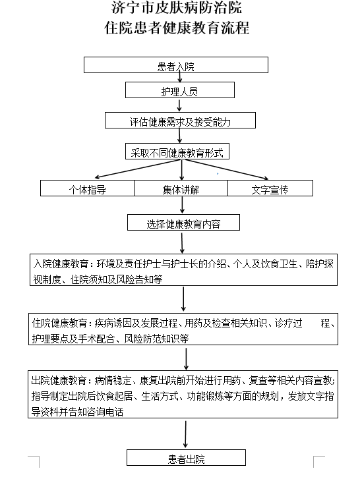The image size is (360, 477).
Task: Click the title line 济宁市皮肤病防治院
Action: [177, 7]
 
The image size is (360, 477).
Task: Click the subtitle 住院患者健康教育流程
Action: [177, 28]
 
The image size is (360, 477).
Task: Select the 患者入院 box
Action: [176, 65]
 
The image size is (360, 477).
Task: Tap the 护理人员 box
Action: [180, 90]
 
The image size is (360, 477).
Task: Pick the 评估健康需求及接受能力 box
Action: [180, 120]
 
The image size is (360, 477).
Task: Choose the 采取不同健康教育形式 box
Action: [177, 151]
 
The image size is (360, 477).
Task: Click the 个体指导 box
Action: [88, 188]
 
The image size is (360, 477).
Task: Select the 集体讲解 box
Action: [181, 188]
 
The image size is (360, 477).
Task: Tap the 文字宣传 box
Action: [270, 188]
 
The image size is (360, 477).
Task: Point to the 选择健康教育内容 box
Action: [183, 223]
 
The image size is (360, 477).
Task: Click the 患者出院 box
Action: [186, 457]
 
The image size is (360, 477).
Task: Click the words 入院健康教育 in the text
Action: [61, 264]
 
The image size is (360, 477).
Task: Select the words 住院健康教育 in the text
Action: [60, 323]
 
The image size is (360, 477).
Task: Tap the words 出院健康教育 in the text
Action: [59, 380]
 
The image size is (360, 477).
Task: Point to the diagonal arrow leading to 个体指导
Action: [138, 169]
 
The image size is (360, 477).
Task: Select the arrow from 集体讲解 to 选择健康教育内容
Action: [182, 205]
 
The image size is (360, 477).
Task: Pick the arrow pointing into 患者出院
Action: [185, 434]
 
